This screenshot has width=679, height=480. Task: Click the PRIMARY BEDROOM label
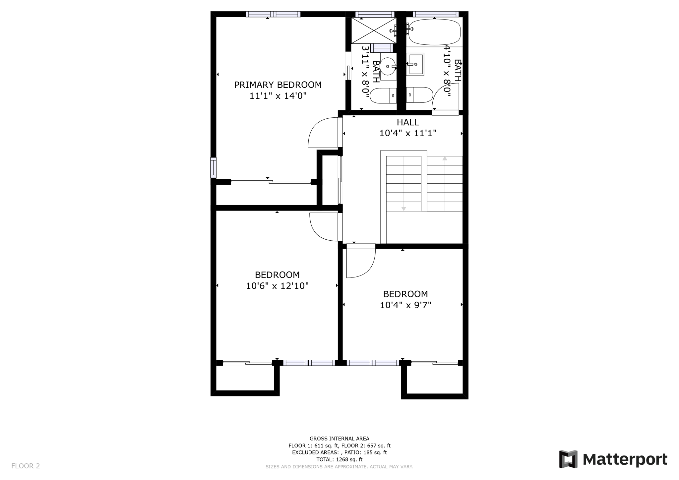(278, 85)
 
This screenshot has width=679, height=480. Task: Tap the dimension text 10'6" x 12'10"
(277, 286)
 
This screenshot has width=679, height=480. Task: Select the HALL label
(408, 122)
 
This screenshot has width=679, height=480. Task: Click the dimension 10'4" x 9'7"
(405, 305)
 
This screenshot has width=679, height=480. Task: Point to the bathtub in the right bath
(435, 32)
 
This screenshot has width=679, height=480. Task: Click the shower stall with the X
(374, 30)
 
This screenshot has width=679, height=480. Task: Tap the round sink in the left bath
(388, 66)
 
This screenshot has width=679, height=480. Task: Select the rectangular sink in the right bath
(415, 64)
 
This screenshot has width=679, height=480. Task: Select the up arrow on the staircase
(445, 159)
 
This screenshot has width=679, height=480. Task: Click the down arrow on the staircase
(403, 209)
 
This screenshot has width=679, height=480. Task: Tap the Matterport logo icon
(568, 459)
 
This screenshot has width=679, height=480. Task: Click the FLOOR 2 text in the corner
(26, 466)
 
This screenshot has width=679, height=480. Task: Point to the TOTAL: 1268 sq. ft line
(339, 459)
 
